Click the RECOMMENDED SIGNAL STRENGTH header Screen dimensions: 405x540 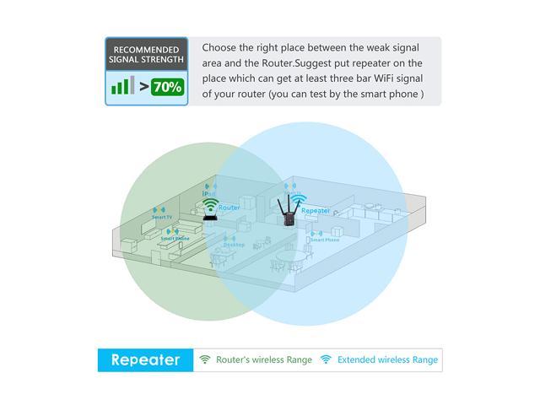pos(147,55)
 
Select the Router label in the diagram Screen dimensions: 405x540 pos(229,207)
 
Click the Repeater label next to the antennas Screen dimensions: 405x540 pos(316,211)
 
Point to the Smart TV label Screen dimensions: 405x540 pos(162,217)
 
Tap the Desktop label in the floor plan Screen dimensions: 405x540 pos(234,245)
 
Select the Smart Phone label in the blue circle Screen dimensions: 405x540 pos(324,240)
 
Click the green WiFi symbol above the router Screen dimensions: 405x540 pos(209,203)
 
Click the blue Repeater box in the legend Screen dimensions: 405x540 pos(145,360)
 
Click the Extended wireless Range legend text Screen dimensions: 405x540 pos(387,360)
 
